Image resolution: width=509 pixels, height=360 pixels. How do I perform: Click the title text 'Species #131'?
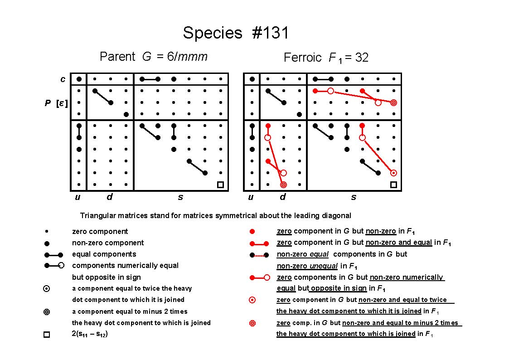[236, 33]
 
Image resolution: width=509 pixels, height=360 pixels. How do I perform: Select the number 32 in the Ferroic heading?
[362, 58]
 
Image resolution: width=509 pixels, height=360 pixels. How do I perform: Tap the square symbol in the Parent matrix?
[220, 185]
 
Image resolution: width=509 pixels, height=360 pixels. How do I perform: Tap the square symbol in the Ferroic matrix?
[393, 185]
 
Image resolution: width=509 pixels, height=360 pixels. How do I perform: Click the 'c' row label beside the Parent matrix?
[63, 79]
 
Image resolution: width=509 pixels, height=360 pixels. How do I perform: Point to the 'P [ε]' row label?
[56, 103]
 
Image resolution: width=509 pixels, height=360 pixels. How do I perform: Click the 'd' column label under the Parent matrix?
[110, 196]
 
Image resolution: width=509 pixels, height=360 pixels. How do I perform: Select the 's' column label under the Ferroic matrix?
[354, 197]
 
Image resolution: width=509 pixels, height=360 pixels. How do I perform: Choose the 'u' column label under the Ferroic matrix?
[251, 197]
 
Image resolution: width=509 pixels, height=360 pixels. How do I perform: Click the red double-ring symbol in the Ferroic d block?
[283, 185]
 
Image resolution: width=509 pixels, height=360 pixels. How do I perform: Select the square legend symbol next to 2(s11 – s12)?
[47, 334]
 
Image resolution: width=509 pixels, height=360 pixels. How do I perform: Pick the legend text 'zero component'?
[100, 231]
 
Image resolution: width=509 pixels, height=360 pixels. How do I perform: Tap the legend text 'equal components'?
[104, 254]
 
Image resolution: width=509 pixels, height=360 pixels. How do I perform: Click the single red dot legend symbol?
[252, 231]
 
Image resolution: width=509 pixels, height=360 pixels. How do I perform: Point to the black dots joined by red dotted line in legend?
[259, 255]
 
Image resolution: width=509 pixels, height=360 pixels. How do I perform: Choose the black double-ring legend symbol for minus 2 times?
[47, 312]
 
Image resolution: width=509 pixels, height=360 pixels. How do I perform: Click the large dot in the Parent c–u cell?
[79, 79]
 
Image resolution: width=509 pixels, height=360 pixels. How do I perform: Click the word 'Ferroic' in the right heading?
[302, 58]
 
